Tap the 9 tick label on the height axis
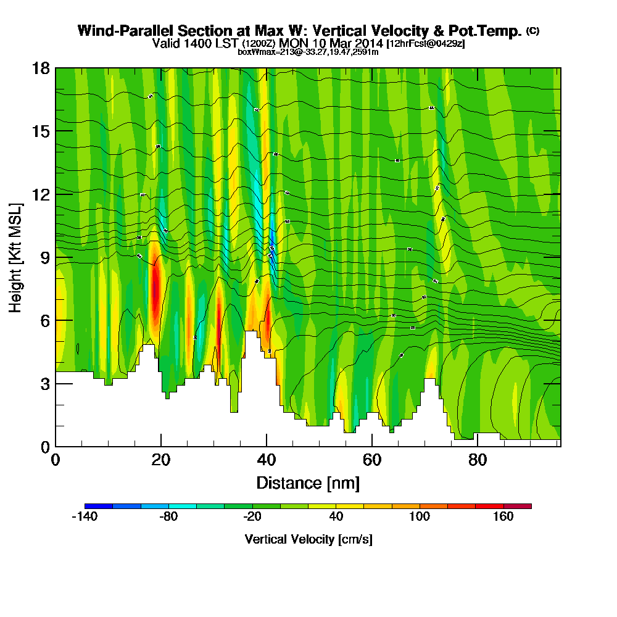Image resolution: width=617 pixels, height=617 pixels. click(44, 257)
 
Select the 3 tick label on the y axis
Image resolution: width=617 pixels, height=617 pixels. click(44, 383)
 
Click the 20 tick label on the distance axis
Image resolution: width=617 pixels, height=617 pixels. click(161, 460)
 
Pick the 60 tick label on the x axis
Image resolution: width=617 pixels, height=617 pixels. click(371, 460)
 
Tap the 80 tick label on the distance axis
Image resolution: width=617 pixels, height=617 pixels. click(477, 460)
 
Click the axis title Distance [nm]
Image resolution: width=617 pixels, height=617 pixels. click(308, 482)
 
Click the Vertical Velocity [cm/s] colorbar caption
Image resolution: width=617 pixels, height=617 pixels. click(308, 539)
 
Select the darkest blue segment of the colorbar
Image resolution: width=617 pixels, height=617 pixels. click(99, 506)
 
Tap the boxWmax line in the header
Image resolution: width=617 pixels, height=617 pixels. click(308, 52)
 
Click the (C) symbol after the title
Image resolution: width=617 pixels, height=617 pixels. click(532, 31)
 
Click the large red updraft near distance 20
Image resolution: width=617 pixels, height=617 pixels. click(155, 287)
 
